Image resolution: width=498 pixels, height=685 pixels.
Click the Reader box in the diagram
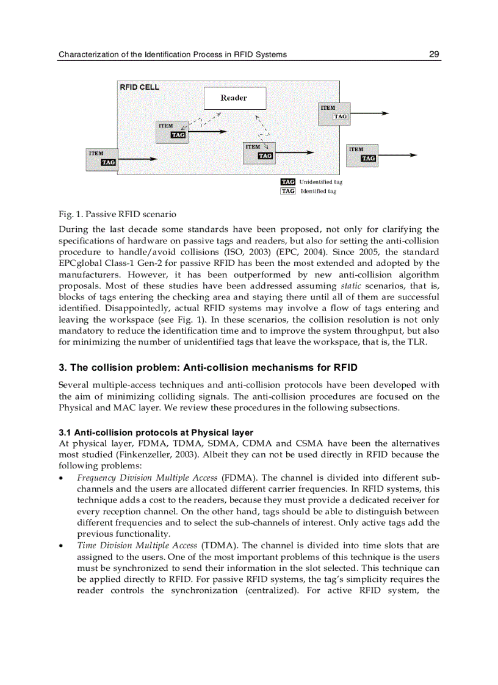click(x=234, y=98)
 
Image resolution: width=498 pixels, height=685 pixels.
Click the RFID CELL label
click(x=139, y=87)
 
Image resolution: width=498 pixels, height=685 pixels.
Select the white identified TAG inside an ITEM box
click(x=340, y=116)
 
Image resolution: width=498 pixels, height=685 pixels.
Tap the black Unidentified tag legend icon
click(x=287, y=182)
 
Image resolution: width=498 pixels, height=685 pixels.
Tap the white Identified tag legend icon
click(x=287, y=191)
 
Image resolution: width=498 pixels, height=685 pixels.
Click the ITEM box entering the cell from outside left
click(x=101, y=158)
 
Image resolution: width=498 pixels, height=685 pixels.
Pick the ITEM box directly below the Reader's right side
click(x=259, y=152)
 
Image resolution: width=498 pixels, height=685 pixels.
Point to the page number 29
click(x=434, y=54)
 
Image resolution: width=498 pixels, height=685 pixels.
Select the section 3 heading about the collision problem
click(x=208, y=368)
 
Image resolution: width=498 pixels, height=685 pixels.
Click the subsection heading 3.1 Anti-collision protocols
click(x=156, y=432)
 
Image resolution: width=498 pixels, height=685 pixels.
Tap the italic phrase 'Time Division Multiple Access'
click(x=137, y=545)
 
